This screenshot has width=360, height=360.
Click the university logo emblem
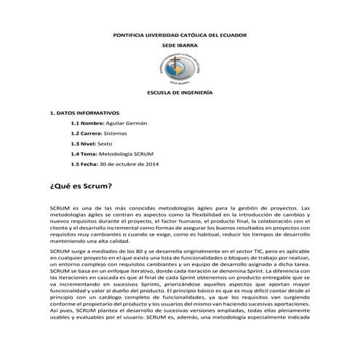179,71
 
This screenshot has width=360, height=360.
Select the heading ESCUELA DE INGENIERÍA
179,95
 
